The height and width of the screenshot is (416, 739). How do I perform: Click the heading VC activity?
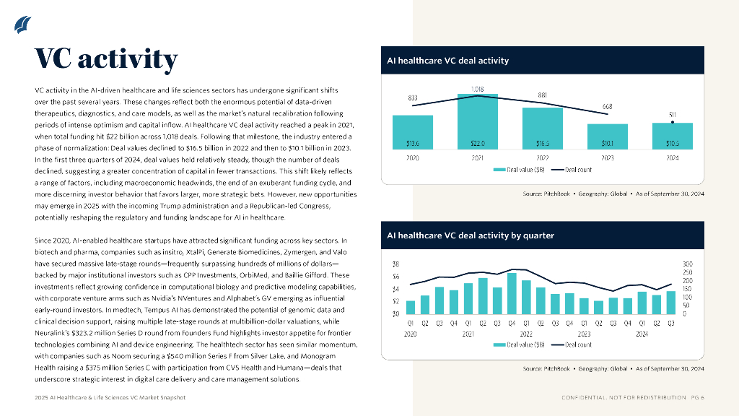[106, 58]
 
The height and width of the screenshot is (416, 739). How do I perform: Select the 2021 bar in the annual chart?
[477, 122]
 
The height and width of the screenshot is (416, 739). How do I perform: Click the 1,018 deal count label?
[477, 89]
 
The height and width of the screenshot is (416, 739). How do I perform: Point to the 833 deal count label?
[412, 97]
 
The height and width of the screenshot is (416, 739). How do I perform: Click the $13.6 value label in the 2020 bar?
[413, 144]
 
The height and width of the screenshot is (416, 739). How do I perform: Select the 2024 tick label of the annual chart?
[672, 157]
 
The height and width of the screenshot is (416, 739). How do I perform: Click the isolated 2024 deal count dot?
[672, 122]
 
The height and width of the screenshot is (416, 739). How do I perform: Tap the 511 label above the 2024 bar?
[672, 114]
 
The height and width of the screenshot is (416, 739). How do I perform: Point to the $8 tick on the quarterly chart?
[396, 264]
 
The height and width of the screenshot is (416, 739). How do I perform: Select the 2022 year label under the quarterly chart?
[527, 334]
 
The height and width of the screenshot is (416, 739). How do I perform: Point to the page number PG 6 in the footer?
[697, 398]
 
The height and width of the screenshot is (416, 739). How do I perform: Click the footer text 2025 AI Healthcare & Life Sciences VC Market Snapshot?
[110, 398]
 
